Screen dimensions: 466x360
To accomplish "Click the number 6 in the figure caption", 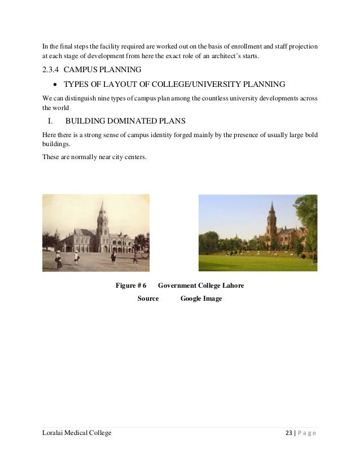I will (x=144, y=285).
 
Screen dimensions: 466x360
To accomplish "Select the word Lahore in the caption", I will (x=233, y=285).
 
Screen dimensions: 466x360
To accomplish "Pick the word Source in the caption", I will (x=148, y=298).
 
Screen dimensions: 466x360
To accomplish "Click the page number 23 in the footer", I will (x=290, y=433).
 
